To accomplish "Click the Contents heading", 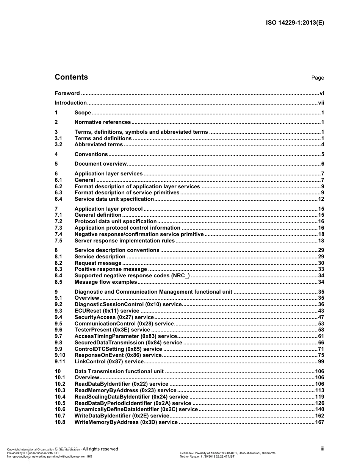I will pyautogui.click(x=71, y=77).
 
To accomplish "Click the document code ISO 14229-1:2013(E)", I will pyautogui.click(x=295, y=22).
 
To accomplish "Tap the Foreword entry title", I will pyautogui.click(x=67, y=93).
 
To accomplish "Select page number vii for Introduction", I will pyautogui.click(x=321, y=103).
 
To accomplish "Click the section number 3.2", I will pyautogui.click(x=58, y=144).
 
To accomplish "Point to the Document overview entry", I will pyautogui.click(x=100, y=164).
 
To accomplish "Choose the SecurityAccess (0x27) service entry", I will pyautogui.click(x=114, y=317).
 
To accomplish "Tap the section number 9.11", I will pyautogui.click(x=60, y=362).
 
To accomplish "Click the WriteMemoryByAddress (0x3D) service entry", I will pyautogui.click(x=126, y=422).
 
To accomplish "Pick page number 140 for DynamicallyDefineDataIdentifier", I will pyautogui.click(x=319, y=409).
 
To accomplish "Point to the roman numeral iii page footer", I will pyautogui.click(x=322, y=449).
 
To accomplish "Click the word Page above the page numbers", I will pyautogui.click(x=318, y=78).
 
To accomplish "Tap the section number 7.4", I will pyautogui.click(x=58, y=234).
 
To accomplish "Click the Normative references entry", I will pyautogui.click(x=102, y=122).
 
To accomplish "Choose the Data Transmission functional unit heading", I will pyautogui.click(x=119, y=371).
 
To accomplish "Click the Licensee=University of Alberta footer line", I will pyautogui.click(x=227, y=453).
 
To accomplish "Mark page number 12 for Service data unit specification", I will pyautogui.click(x=321, y=199).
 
